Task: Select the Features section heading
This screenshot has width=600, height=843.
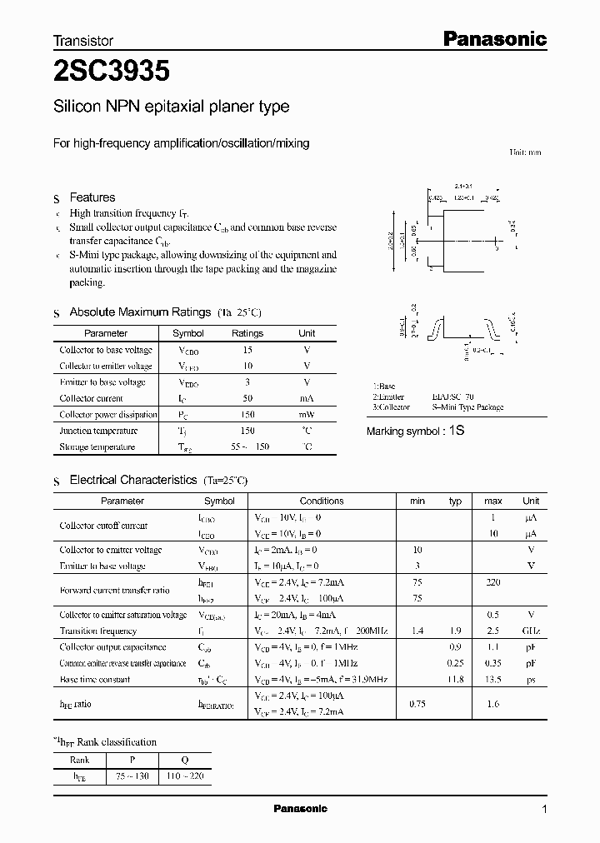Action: pos(92,197)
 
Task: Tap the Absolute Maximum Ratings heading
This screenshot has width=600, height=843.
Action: pos(139,312)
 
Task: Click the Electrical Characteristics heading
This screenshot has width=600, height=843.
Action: pos(132,481)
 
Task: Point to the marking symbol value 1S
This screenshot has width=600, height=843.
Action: pos(456,431)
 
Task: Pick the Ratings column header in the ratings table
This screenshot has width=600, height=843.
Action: pos(247,333)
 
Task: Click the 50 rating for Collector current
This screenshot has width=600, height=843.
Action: pos(247,399)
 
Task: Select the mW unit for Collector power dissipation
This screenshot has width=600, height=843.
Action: pos(307,415)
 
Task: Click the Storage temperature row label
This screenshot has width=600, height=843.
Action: pos(97,447)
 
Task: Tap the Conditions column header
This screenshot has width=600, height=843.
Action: pos(322,501)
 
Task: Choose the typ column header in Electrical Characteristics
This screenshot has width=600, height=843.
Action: pos(455,501)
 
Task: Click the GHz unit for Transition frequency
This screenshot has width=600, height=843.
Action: pos(530,631)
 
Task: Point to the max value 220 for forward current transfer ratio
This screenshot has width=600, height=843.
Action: pos(492,583)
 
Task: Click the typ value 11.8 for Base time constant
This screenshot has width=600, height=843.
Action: pos(455,680)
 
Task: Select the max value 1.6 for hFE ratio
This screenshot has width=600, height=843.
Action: pos(492,704)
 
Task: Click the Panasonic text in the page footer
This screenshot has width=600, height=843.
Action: pos(301,809)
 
